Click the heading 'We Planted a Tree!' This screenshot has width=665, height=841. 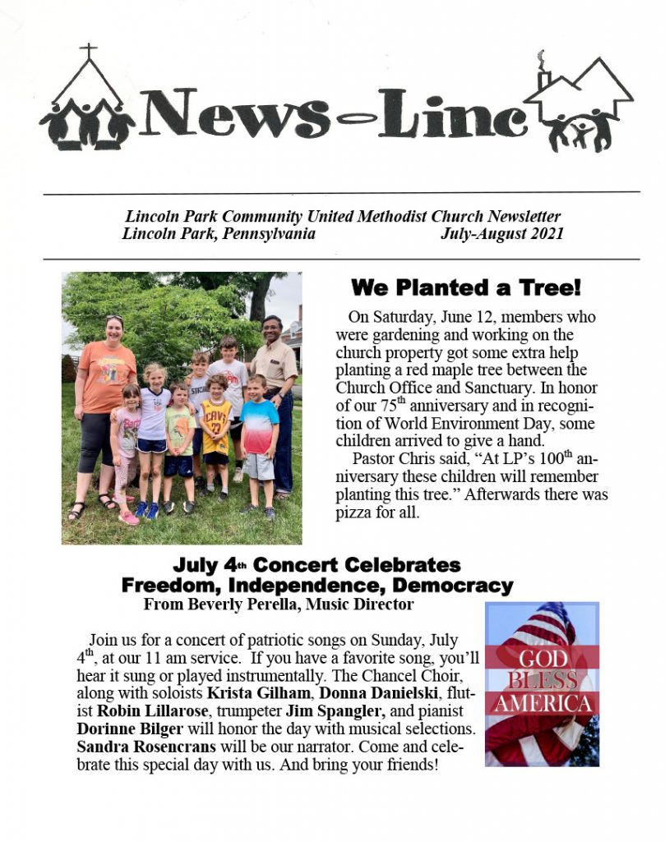466,287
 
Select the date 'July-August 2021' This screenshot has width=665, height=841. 501,233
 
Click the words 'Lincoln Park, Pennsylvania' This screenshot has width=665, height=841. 219,233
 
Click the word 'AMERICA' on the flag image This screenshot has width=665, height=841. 543,705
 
